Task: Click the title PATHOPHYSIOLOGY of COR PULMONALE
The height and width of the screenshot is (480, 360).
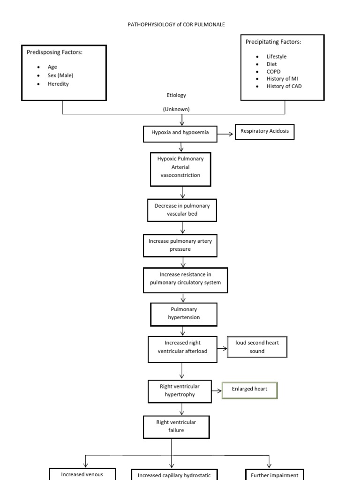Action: tap(176, 24)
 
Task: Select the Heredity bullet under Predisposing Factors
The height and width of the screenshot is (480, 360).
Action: tap(58, 84)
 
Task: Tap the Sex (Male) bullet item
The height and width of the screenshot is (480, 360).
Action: tap(60, 75)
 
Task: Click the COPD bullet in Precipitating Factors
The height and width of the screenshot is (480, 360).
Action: tap(274, 72)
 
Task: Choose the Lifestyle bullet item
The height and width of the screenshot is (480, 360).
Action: tap(277, 57)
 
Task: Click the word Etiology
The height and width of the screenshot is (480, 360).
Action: tap(176, 95)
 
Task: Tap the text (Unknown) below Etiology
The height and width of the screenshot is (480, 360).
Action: tap(176, 109)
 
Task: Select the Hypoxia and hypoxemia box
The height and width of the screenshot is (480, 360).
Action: tap(180, 133)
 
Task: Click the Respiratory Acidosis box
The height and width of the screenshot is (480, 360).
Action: tap(264, 132)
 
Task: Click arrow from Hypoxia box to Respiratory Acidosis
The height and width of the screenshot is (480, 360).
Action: tap(226, 134)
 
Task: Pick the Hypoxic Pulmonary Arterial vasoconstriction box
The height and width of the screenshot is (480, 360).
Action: tap(180, 167)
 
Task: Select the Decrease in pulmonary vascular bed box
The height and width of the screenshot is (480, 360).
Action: tap(182, 210)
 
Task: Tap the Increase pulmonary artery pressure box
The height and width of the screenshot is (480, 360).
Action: tap(180, 245)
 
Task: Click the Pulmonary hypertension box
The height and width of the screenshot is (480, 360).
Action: tap(183, 314)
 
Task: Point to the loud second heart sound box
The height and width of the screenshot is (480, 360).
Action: tap(256, 347)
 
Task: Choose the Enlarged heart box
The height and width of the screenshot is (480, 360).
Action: tap(249, 389)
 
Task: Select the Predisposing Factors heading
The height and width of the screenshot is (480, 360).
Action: tap(54, 52)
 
